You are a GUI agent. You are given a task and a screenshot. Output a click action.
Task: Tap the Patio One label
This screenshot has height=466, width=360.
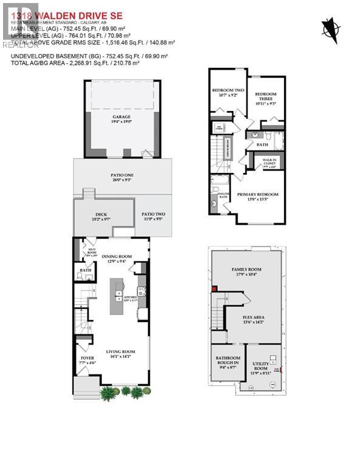[x=122, y=177]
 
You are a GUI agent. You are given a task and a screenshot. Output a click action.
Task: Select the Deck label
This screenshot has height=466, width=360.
[x=101, y=215]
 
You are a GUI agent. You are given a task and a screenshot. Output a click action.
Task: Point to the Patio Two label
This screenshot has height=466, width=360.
[x=153, y=215]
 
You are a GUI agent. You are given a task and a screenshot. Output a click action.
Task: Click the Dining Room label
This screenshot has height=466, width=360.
[x=117, y=258]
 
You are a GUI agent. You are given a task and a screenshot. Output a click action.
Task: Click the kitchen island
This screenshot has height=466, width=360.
[x=117, y=296]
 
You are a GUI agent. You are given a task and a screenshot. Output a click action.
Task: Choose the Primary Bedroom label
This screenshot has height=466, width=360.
[x=257, y=197]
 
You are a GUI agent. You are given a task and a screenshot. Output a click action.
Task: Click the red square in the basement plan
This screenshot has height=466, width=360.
[x=214, y=289]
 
